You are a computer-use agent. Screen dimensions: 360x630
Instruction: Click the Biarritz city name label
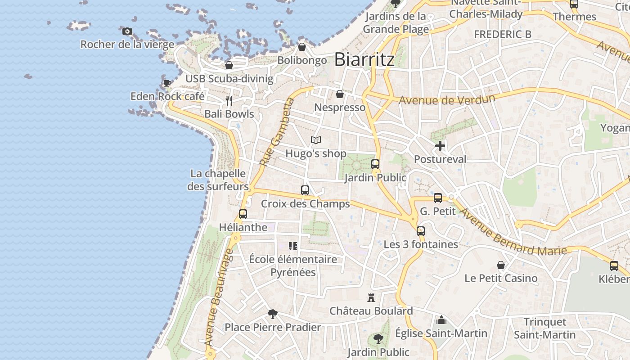click(364, 59)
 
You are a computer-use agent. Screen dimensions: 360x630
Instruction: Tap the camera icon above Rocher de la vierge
click(127, 31)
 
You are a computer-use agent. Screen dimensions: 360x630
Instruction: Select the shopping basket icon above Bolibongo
click(302, 47)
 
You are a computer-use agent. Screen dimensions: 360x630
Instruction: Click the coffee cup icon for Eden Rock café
click(167, 83)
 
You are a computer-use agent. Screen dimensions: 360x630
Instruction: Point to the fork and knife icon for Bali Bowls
click(229, 100)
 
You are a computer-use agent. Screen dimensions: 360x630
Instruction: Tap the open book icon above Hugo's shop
click(316, 140)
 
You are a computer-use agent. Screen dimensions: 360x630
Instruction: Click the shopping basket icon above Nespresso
click(340, 94)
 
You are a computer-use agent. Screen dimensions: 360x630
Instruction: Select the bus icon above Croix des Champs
click(305, 190)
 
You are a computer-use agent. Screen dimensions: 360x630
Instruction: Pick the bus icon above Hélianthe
click(243, 214)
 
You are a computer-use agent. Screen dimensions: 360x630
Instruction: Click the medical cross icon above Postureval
click(440, 146)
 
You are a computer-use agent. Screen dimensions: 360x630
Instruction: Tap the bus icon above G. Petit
click(438, 198)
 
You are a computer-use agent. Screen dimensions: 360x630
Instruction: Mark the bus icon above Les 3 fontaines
click(421, 231)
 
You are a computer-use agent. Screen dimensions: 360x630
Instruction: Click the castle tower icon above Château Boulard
click(371, 297)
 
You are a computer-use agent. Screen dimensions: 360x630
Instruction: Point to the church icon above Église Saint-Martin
click(441, 320)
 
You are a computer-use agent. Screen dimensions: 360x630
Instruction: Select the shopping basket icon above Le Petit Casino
click(501, 265)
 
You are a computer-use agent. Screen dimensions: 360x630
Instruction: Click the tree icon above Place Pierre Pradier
click(272, 314)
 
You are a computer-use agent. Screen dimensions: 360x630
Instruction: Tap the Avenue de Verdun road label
click(447, 99)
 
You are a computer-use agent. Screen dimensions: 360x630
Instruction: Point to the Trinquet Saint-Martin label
click(545, 328)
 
